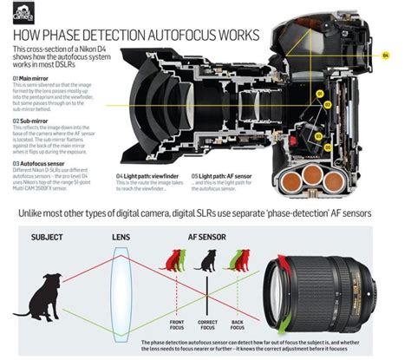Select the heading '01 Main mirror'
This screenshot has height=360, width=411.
tap(32, 77)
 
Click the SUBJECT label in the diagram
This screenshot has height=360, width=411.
tap(46, 212)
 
